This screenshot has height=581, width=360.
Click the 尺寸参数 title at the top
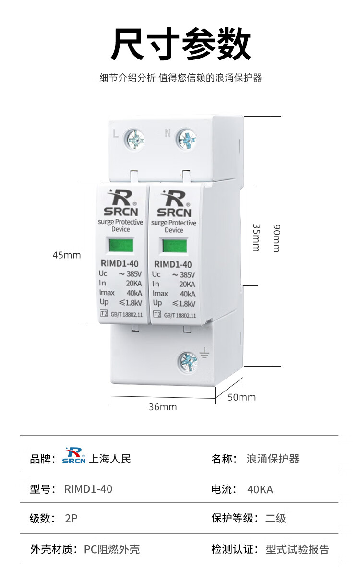click(181, 44)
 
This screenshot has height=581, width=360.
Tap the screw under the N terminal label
click(186, 140)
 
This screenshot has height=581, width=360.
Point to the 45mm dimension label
click(67, 255)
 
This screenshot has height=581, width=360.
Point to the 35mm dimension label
click(256, 237)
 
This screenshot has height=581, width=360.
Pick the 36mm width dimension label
click(163, 407)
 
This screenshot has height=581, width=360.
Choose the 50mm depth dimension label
click(241, 397)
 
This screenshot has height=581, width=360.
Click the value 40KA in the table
click(260, 489)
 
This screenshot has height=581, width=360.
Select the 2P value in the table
click(71, 518)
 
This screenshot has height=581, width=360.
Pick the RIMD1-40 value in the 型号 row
click(88, 489)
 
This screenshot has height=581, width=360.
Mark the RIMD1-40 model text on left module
click(120, 263)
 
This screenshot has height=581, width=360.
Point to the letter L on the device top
click(115, 134)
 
